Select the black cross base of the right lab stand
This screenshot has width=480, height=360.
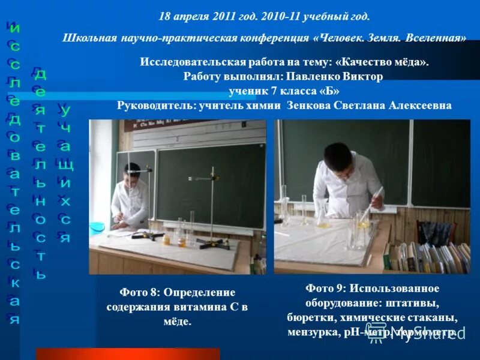click(x=210, y=242)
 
